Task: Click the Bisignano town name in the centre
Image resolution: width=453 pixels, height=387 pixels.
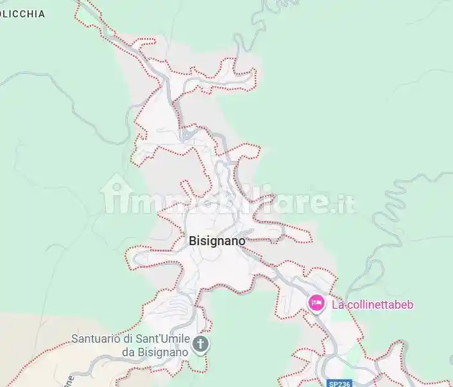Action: [x=217, y=241]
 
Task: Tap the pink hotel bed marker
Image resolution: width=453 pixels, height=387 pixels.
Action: [x=316, y=303]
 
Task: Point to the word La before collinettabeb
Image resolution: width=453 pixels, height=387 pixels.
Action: [x=338, y=304]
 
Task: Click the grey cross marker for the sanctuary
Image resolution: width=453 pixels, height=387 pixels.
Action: [x=201, y=345]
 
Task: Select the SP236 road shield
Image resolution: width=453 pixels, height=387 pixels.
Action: [x=338, y=383]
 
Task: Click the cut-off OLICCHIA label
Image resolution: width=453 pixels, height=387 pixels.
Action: [x=22, y=13]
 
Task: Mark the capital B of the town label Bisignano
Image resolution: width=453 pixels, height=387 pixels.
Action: [x=193, y=241]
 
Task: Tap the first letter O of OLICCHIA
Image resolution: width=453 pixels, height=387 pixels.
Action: [x=3, y=13]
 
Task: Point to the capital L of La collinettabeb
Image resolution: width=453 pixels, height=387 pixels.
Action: [x=335, y=304]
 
